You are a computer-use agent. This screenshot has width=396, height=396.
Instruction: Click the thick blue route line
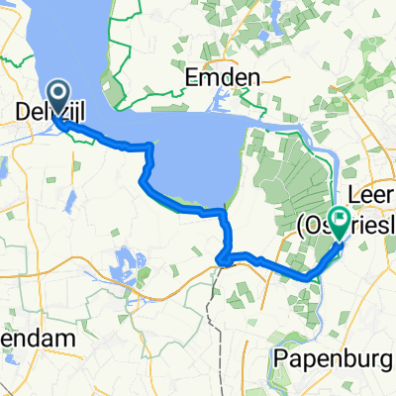[178, 203]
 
